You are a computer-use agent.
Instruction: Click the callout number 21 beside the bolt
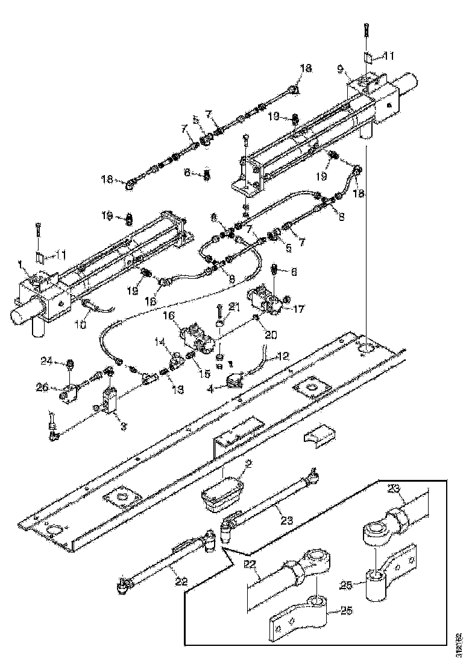(233, 307)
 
